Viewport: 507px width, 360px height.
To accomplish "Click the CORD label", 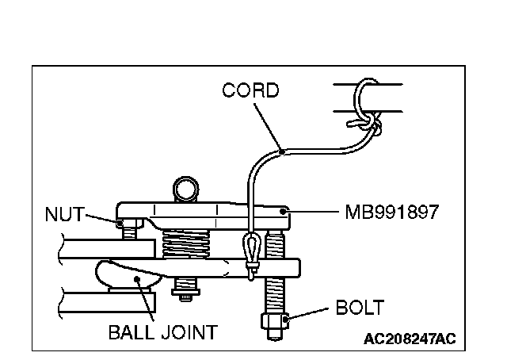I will pos(250,90).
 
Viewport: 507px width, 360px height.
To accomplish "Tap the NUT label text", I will pos(63,213).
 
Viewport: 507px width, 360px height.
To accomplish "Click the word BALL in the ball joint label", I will pos(132,331).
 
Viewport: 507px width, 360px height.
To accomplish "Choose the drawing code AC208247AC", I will pos(410,339).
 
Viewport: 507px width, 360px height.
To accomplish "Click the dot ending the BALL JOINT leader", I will pos(137,279).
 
